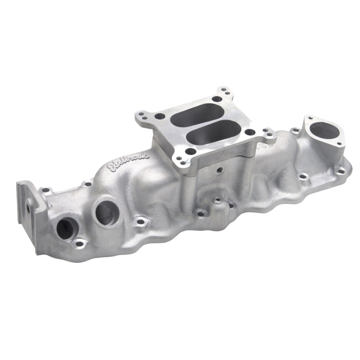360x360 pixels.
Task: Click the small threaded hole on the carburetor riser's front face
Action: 219,171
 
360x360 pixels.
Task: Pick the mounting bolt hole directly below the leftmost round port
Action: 80,243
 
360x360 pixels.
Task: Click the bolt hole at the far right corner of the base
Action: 338,170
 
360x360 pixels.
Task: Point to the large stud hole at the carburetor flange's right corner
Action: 250,133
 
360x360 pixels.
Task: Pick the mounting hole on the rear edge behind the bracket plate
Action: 46,191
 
